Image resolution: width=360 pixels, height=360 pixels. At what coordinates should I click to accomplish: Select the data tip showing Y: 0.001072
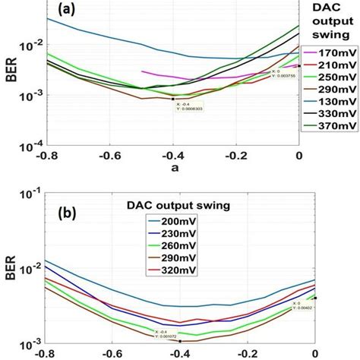click(170, 333)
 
